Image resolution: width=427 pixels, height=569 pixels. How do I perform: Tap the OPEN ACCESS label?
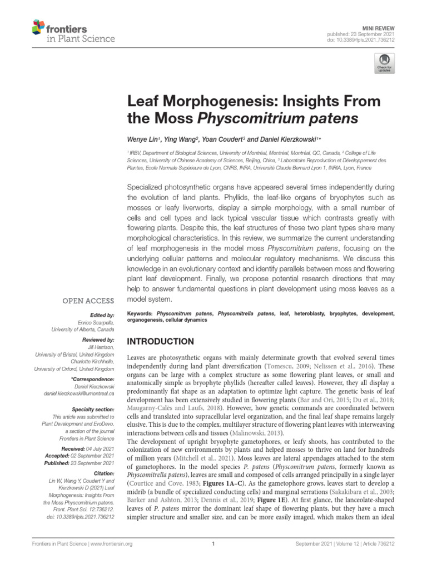point(88,301)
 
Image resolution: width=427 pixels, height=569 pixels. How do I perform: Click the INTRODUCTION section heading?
point(162,341)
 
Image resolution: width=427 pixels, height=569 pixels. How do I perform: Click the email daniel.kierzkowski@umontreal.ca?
point(79,393)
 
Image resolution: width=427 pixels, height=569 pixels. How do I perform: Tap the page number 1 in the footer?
point(213,559)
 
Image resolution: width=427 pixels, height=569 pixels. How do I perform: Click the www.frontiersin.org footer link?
point(107,559)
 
